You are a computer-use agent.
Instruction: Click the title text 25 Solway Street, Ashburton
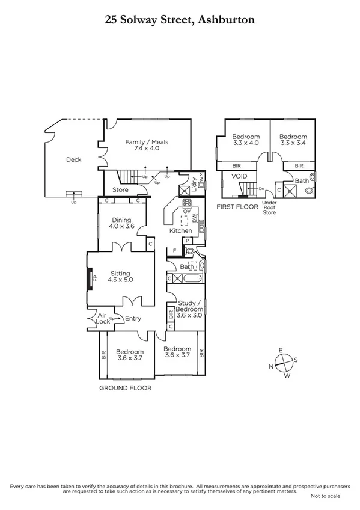click(180, 20)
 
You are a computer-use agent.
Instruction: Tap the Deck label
click(73, 159)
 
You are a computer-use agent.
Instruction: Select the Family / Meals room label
click(147, 145)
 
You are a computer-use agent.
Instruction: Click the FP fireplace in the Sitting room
click(94, 278)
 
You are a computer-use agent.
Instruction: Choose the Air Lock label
click(103, 318)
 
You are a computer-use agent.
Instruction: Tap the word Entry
click(133, 318)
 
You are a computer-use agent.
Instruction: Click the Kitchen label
click(180, 230)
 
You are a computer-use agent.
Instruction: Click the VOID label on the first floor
click(240, 177)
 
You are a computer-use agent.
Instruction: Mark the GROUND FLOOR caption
click(125, 388)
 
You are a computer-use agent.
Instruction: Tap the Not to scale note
click(325, 496)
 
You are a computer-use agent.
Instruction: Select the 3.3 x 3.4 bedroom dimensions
click(293, 143)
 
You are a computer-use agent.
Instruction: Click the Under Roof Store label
click(270, 207)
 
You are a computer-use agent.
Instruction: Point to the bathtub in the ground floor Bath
click(186, 279)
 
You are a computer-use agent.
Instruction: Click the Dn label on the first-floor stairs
click(261, 188)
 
